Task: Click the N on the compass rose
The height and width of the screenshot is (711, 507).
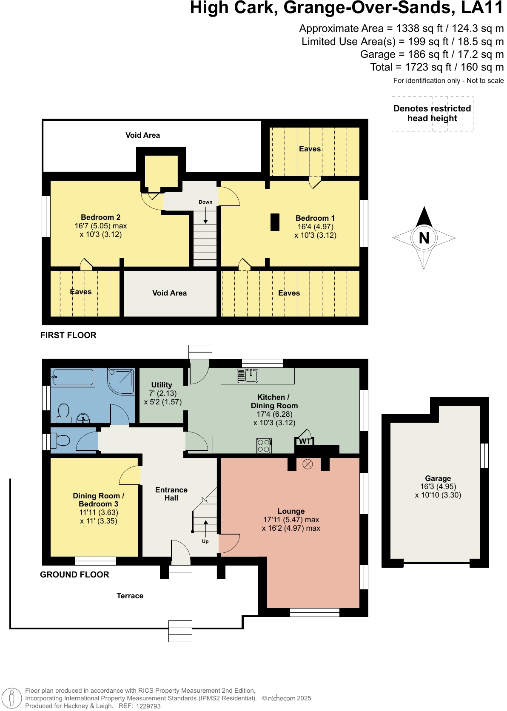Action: [424, 238]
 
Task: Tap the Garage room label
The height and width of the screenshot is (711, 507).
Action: [438, 478]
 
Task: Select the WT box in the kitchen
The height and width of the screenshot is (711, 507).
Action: [305, 441]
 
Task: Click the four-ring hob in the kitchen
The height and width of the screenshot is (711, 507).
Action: [264, 446]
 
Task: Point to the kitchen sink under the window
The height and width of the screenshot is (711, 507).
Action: [248, 375]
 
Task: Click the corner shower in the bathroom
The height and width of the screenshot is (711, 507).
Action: [122, 381]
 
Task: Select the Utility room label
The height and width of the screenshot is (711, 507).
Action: [162, 385]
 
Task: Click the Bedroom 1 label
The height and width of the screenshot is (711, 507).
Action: [315, 218]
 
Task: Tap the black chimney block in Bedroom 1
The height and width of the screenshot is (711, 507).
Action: [275, 222]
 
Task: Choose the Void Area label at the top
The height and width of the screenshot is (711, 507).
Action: [142, 135]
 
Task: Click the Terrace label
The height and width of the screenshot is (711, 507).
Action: [130, 596]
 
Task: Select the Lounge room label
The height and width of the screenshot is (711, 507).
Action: [291, 511]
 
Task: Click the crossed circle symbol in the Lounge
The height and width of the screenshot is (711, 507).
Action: [308, 464]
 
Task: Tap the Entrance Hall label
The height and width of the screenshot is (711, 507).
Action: [171, 494]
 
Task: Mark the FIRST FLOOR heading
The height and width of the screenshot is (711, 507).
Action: [68, 335]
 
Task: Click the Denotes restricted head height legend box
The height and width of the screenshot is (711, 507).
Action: [432, 114]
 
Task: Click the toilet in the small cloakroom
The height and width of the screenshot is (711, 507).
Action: [60, 441]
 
